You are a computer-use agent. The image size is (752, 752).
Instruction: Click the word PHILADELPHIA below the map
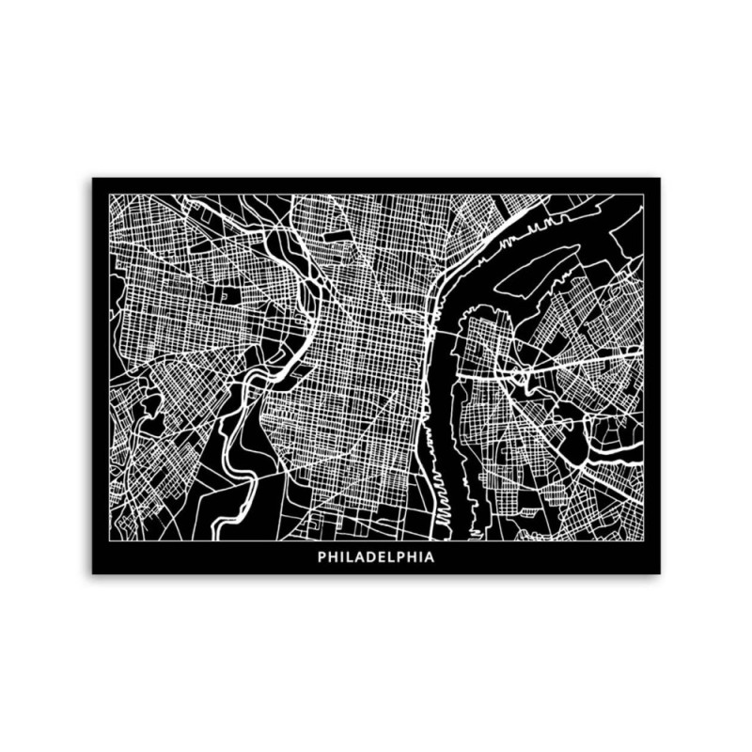pyautogui.click(x=376, y=556)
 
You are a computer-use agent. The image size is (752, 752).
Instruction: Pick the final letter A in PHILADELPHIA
pyautogui.click(x=430, y=556)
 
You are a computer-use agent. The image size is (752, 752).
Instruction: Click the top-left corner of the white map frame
pyautogui.click(x=109, y=195)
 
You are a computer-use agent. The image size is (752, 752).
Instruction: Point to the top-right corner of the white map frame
pyautogui.click(x=644, y=195)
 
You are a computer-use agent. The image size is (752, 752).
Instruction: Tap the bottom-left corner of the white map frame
pyautogui.click(x=109, y=541)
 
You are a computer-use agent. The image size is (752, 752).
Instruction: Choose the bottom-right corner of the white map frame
pyautogui.click(x=644, y=541)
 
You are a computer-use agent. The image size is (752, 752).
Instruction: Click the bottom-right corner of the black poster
pyautogui.click(x=660, y=572)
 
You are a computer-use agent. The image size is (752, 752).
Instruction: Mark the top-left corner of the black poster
pyautogui.click(x=92, y=178)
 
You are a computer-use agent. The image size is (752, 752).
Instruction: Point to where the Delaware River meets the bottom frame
pyautogui.click(x=461, y=540)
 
